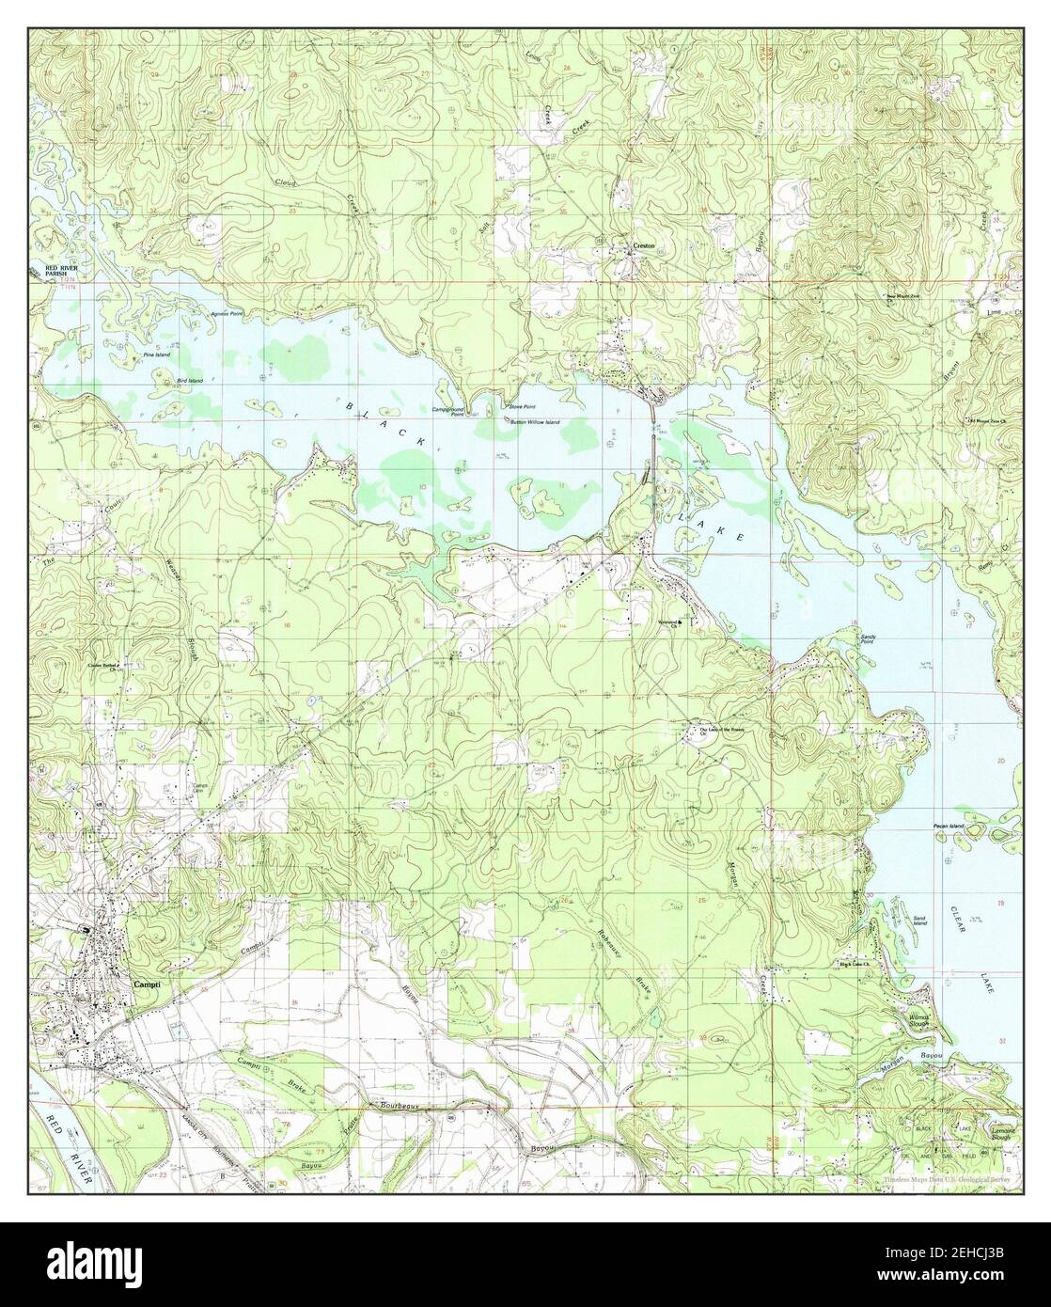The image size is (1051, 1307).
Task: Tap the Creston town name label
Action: click(643, 246)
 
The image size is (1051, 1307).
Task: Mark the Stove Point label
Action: click(523, 406)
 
